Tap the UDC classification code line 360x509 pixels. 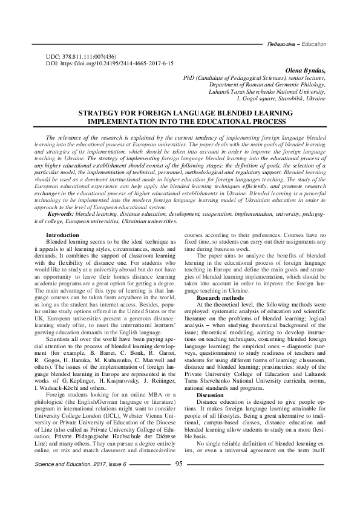(80, 56)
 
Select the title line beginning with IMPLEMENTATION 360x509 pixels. (180, 121)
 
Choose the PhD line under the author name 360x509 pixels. (254, 78)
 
